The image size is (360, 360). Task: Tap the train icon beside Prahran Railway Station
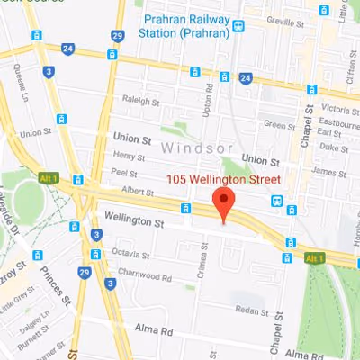(238, 26)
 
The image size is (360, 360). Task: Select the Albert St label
(138, 192)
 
